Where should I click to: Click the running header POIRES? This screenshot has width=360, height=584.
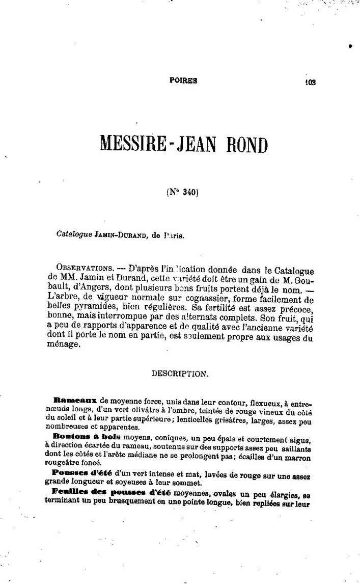tap(183, 80)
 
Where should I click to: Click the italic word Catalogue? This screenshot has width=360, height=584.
tap(74, 235)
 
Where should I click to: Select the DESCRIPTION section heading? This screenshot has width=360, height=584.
tap(180, 374)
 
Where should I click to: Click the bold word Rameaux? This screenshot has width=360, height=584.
tap(75, 401)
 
